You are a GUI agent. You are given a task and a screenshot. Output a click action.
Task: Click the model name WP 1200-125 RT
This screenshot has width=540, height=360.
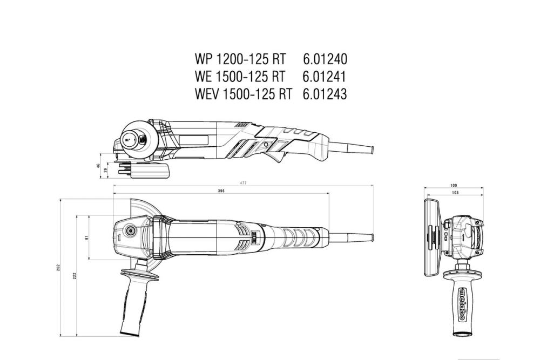[239, 58]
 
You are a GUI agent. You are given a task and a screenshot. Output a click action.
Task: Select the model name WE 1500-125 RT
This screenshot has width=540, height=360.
[239, 76]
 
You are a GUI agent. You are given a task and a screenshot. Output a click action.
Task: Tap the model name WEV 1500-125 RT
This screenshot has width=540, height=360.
[243, 94]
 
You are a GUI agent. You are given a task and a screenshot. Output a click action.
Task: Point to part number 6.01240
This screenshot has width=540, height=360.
[325, 58]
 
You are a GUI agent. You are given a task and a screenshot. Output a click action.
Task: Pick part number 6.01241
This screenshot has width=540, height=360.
[325, 76]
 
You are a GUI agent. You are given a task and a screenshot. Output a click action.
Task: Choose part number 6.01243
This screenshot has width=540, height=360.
[325, 94]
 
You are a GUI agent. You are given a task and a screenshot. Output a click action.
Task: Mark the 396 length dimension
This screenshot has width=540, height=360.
[221, 191]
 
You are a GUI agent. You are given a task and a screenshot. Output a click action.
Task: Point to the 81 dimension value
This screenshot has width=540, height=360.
[87, 237]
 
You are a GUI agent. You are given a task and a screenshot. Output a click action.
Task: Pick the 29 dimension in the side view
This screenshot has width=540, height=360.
[106, 170]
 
